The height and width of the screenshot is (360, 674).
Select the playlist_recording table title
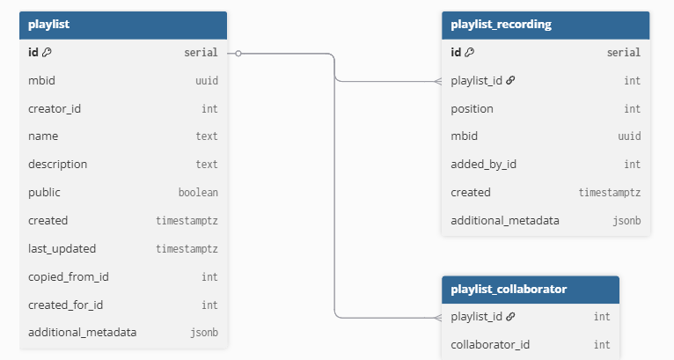(x=501, y=25)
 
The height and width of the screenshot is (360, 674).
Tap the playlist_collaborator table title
(x=508, y=289)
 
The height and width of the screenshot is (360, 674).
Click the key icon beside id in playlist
(x=47, y=53)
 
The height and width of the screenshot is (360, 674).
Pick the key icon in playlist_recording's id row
(x=469, y=53)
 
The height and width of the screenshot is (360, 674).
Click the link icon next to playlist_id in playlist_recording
(x=510, y=81)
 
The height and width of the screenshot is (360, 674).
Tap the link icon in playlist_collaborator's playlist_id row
(x=510, y=317)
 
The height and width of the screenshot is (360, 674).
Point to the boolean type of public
(x=198, y=193)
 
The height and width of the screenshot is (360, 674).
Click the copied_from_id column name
(x=67, y=276)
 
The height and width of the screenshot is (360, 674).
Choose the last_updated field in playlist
(x=62, y=248)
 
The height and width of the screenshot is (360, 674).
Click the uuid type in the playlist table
(x=207, y=81)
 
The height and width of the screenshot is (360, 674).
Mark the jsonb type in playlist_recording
(x=626, y=221)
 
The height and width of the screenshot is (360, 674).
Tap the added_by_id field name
(x=483, y=165)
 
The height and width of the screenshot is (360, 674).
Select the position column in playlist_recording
(x=472, y=109)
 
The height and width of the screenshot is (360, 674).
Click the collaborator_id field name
(x=489, y=344)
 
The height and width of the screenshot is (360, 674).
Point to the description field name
(x=57, y=165)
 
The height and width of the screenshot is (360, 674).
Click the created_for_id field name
(x=66, y=305)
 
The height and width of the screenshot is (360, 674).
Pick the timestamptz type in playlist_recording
(x=609, y=193)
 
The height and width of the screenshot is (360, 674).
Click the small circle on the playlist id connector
(x=238, y=53)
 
